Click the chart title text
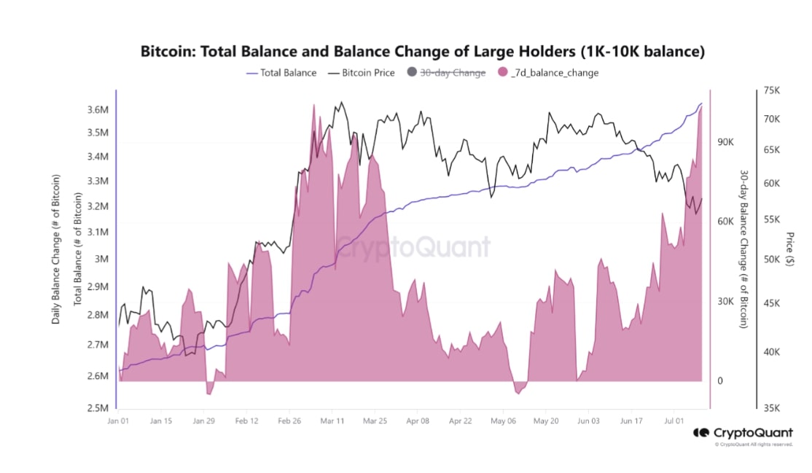tap(422, 52)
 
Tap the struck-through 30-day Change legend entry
tap(452, 73)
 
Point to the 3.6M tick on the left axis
tap(97, 110)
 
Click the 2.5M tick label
tap(97, 408)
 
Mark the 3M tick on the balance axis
tap(101, 259)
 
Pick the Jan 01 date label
tap(118, 421)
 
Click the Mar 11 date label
tap(332, 421)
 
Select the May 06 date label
tap(504, 421)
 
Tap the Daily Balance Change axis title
tap(55, 249)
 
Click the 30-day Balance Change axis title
tap(743, 249)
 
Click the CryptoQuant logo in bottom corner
tap(743, 433)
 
